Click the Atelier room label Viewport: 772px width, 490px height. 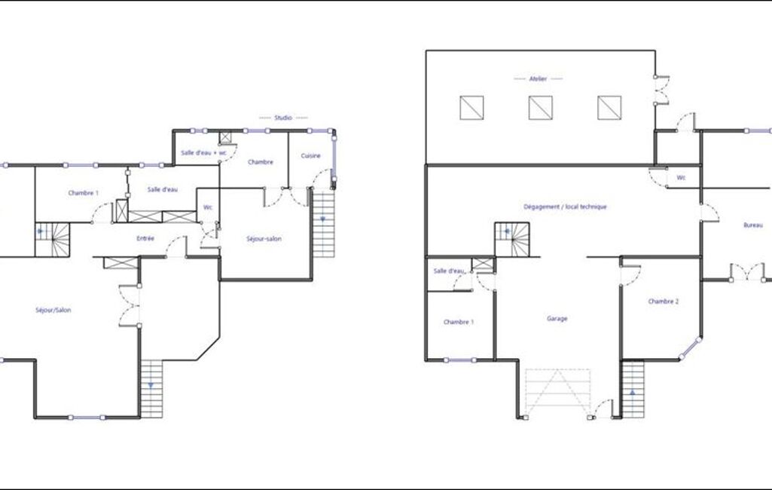pyautogui.click(x=538, y=79)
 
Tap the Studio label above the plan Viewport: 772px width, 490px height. pyautogui.click(x=283, y=118)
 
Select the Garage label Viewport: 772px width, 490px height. pyautogui.click(x=557, y=319)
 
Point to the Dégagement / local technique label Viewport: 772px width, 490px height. pyautogui.click(x=565, y=207)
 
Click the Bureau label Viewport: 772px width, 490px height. pyautogui.click(x=753, y=225)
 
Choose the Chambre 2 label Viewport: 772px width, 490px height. pyautogui.click(x=664, y=302)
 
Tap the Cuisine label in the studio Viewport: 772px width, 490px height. pyautogui.click(x=310, y=156)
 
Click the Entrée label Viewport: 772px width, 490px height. pyautogui.click(x=145, y=238)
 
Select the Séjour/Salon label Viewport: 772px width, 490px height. pyautogui.click(x=53, y=310)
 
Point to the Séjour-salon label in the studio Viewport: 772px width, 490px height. pyautogui.click(x=264, y=239)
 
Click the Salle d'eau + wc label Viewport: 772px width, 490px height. pyautogui.click(x=203, y=153)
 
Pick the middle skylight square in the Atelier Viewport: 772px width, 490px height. pyautogui.click(x=541, y=108)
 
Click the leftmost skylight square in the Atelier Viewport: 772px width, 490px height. pyautogui.click(x=471, y=108)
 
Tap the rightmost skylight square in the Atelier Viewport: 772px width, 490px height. pyautogui.click(x=609, y=108)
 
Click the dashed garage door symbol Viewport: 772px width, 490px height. pyautogui.click(x=558, y=393)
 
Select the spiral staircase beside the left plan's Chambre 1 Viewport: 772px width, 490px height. pyautogui.click(x=52, y=240)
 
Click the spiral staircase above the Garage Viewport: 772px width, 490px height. pyautogui.click(x=512, y=240)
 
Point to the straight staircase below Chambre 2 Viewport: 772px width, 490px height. pyautogui.click(x=633, y=390)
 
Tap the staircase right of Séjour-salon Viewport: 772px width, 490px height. pyautogui.click(x=323, y=224)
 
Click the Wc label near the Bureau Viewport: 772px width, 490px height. pyautogui.click(x=681, y=177)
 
